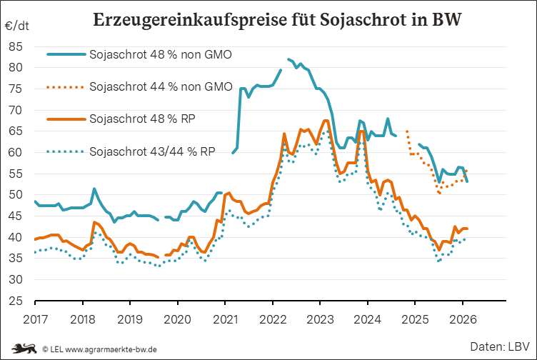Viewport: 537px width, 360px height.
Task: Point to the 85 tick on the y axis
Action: tap(16, 46)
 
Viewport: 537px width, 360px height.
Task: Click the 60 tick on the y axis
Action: tap(16, 152)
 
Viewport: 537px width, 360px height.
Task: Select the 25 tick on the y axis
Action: tap(16, 301)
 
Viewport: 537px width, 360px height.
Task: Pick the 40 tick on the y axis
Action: tap(16, 237)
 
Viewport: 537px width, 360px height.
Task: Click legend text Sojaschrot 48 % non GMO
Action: tap(161, 54)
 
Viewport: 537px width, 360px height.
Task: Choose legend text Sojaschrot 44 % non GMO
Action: tap(161, 86)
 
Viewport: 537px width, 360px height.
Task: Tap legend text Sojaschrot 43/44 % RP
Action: tap(152, 151)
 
